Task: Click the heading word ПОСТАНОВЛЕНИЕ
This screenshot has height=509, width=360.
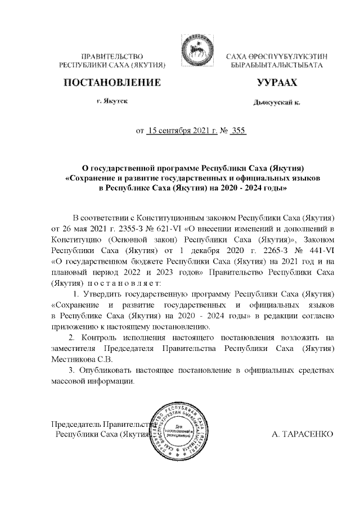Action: click(x=111, y=83)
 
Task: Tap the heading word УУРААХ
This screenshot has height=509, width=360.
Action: click(x=277, y=83)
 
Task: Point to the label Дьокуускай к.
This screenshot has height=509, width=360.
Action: click(x=277, y=103)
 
